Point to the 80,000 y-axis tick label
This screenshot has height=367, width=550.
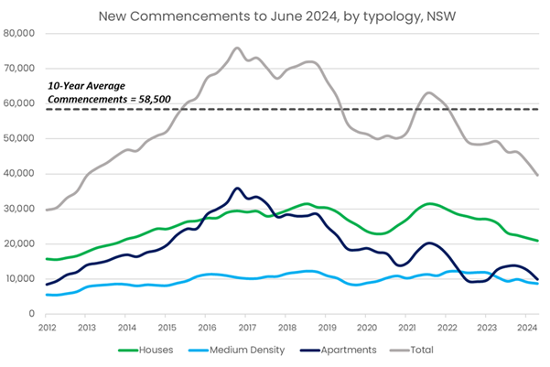tap(23, 33)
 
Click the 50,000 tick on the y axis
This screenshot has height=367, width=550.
tap(23, 138)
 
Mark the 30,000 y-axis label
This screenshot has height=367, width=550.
tap(23, 209)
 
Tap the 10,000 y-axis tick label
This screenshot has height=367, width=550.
tap(23, 279)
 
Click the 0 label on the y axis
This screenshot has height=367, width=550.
tap(34, 314)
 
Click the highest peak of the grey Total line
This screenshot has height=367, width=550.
tap(237, 48)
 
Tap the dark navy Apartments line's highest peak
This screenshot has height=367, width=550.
tap(237, 189)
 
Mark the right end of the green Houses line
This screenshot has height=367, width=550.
tap(537, 241)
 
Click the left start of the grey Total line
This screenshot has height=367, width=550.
tap(46, 210)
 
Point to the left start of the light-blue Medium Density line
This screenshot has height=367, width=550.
tap(46, 295)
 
